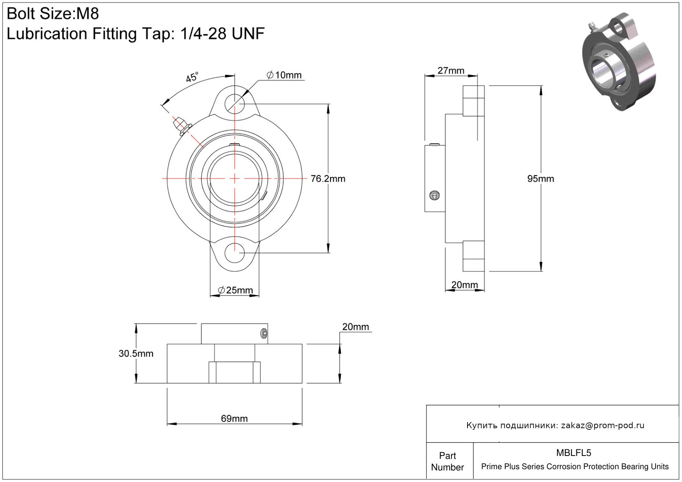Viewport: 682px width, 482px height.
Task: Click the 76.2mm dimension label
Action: (x=328, y=179)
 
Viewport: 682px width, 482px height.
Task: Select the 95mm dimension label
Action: (x=540, y=179)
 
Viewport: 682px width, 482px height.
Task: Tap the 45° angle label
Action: (x=192, y=77)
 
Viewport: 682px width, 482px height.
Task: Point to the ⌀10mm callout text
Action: (x=284, y=75)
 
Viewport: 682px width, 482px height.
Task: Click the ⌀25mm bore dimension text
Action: (x=235, y=290)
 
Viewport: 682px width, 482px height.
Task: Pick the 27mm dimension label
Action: (x=451, y=71)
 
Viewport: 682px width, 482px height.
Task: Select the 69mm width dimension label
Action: (x=234, y=418)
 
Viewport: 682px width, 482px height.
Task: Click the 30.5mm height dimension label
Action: (x=136, y=353)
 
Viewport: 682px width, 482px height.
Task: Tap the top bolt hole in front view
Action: (x=234, y=104)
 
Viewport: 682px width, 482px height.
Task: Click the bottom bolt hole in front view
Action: (x=234, y=253)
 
